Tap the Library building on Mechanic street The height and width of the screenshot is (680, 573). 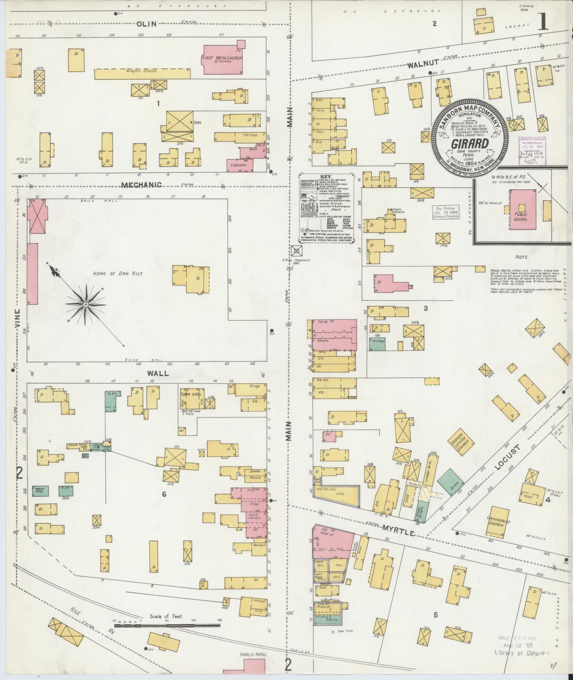pyautogui.click(x=240, y=166)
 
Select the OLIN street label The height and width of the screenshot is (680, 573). pyautogui.click(x=147, y=24)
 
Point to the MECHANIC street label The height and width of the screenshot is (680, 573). pyautogui.click(x=141, y=185)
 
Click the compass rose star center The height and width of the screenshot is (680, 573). pyautogui.click(x=85, y=305)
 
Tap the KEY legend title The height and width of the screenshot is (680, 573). pyautogui.click(x=325, y=177)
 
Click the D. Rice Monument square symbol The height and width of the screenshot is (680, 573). pyautogui.click(x=296, y=251)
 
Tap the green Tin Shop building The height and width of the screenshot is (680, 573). pyautogui.click(x=377, y=344)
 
